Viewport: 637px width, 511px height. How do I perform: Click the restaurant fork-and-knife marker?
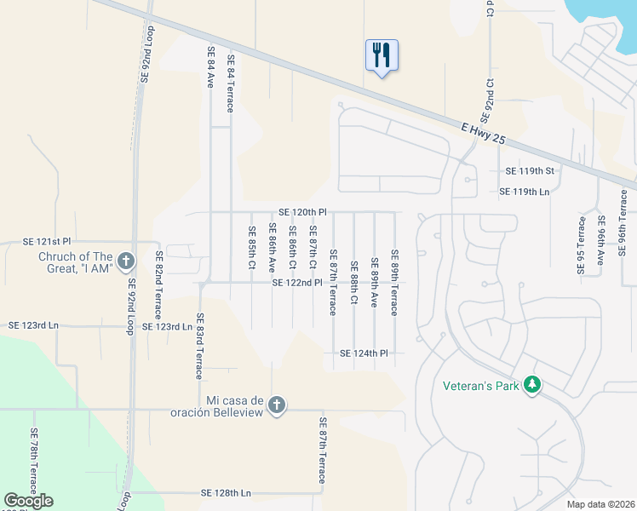380,55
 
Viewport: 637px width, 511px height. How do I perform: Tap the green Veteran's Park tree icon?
532,385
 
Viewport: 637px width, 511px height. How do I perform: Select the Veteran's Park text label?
480,386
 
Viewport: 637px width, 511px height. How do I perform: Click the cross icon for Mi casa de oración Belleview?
276,405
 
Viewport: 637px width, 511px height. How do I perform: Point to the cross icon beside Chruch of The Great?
125,261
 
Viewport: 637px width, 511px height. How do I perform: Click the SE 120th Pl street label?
302,212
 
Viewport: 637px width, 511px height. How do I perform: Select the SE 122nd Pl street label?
297,283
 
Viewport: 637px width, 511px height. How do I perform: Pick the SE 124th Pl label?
364,353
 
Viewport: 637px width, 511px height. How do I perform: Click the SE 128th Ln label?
227,493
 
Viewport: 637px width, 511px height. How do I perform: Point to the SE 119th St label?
530,171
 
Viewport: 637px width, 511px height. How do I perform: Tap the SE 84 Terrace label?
230,83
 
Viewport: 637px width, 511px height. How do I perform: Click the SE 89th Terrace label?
394,282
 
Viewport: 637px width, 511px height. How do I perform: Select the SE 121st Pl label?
28,243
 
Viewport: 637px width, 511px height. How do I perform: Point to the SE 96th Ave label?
601,242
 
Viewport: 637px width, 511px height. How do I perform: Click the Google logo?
28,501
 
